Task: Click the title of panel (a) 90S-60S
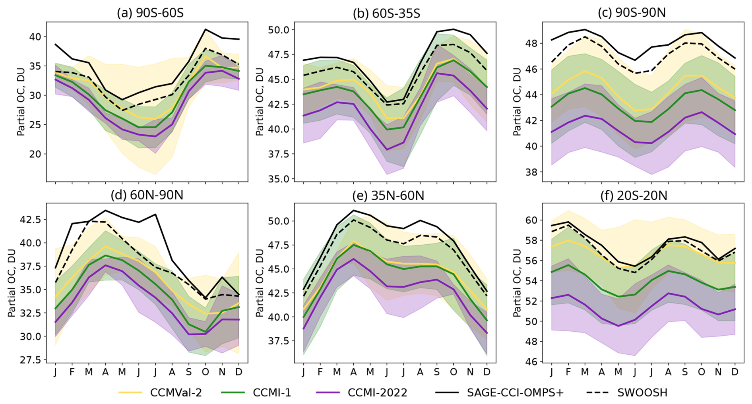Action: click(x=150, y=13)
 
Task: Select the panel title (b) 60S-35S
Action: click(x=386, y=13)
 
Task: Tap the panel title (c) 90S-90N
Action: click(x=632, y=13)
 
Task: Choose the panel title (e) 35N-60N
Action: click(x=388, y=195)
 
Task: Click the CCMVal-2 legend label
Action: click(x=176, y=393)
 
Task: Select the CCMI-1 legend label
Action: click(x=272, y=393)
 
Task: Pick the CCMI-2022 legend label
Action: click(x=377, y=393)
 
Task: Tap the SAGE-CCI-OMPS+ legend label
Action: click(x=515, y=393)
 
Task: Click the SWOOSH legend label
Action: click(x=642, y=393)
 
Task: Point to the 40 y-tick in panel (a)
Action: click(x=35, y=37)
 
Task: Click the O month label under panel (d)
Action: click(x=205, y=372)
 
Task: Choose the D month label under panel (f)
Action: click(x=735, y=372)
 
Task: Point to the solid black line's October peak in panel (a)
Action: click(x=205, y=29)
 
